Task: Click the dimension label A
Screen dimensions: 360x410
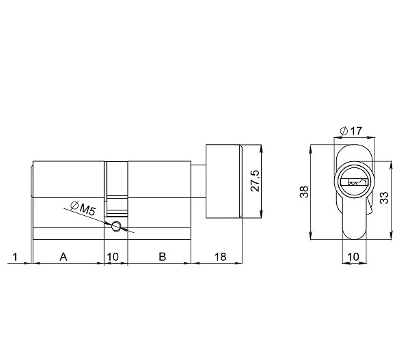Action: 63,257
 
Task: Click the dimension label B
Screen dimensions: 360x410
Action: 161,257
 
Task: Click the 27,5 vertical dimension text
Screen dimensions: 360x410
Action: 254,182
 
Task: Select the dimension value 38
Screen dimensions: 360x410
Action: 305,191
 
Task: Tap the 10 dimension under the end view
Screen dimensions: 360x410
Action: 353,257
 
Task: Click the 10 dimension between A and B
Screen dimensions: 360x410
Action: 115,257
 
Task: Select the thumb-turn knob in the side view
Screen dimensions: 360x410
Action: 224,182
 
